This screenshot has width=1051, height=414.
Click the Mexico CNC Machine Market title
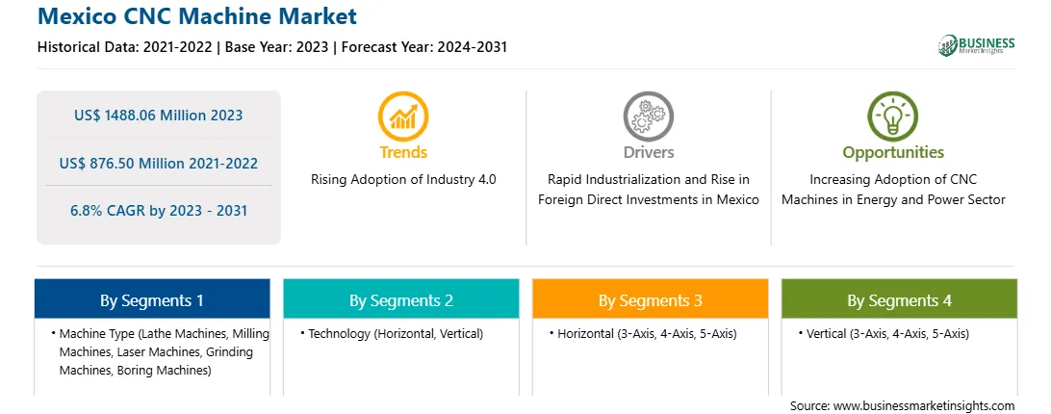click(197, 15)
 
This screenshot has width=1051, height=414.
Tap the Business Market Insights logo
click(977, 45)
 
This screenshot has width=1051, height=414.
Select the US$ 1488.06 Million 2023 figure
click(158, 116)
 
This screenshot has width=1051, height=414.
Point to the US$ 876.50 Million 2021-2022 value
click(158, 163)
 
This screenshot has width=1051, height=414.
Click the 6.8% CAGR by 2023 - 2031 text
click(158, 211)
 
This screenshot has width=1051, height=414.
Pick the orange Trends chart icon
click(403, 116)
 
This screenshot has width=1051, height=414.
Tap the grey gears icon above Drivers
click(648, 116)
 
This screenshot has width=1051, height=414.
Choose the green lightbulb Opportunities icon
click(893, 116)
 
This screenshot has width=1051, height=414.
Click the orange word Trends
click(403, 152)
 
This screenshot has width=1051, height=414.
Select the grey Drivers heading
click(648, 152)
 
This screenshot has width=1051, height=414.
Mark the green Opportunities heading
click(893, 153)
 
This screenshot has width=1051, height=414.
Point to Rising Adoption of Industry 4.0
click(403, 180)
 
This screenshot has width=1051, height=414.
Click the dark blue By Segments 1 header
click(152, 299)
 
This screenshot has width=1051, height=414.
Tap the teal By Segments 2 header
click(400, 299)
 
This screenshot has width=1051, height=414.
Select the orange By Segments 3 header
click(651, 299)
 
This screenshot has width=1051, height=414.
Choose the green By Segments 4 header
click(900, 299)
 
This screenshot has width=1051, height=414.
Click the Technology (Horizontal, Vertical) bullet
click(392, 333)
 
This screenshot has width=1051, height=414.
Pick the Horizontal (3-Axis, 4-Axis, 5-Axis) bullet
click(644, 333)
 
